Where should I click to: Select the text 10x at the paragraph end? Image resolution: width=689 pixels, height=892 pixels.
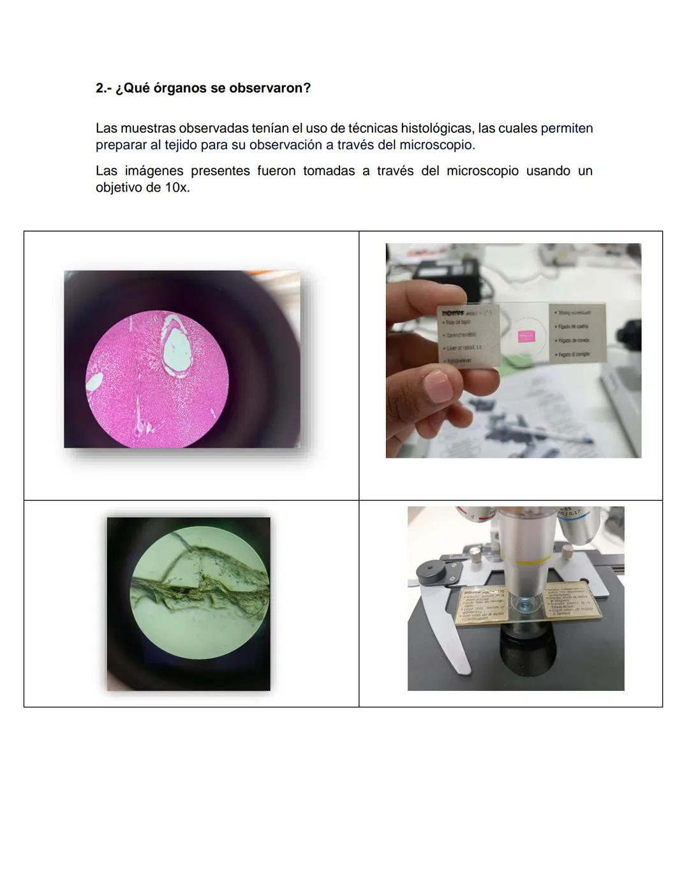[177, 188]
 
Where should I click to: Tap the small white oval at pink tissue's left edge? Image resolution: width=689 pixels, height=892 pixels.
[94, 382]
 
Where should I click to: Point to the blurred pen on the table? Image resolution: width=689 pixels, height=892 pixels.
[561, 434]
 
